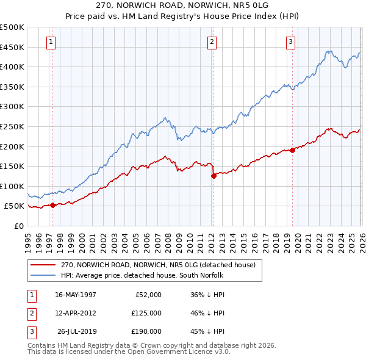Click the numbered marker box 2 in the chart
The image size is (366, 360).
(211, 42)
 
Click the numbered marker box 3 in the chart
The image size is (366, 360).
(290, 42)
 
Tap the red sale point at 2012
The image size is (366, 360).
(213, 176)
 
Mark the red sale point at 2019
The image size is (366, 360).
(292, 150)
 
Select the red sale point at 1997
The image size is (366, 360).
(52, 205)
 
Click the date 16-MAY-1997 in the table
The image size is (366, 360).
(76, 295)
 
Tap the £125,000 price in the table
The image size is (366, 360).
(146, 313)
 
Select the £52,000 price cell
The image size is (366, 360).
(148, 295)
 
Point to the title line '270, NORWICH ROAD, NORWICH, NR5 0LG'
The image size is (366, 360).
(182, 4)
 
